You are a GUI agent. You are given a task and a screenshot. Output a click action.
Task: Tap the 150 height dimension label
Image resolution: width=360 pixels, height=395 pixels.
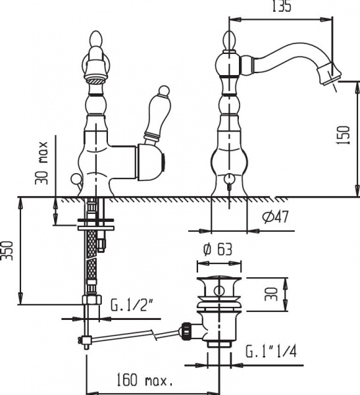(343, 135)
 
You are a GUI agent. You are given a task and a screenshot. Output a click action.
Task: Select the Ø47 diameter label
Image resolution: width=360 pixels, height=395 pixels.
(275, 216)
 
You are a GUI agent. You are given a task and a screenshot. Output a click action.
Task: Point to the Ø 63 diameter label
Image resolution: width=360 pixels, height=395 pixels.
(218, 250)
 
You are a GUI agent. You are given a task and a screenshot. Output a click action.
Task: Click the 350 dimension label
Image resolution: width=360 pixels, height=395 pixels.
(7, 251)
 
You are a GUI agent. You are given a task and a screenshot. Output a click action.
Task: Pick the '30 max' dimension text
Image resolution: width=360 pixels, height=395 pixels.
(41, 163)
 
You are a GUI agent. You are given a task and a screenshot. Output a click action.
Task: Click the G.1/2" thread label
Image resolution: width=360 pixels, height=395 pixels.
(129, 305)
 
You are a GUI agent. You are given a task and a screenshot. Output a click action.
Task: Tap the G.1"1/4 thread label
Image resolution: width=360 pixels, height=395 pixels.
(271, 352)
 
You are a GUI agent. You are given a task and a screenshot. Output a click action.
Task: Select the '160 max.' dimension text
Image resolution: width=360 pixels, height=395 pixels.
(144, 380)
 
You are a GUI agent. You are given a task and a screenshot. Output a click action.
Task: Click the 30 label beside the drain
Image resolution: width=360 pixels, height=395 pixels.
(271, 294)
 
